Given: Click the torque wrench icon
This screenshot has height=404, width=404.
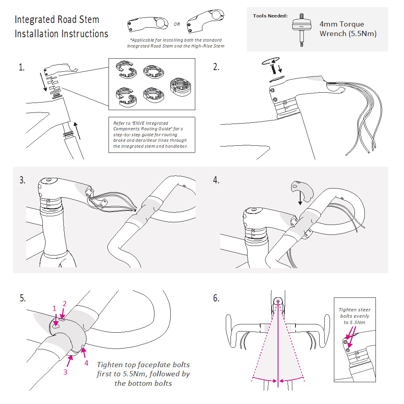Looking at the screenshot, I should [302, 29].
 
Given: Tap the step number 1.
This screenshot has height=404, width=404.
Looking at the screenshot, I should [21, 67].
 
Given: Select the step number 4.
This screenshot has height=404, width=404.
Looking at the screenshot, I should [216, 180].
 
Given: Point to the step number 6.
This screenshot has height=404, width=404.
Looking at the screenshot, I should [216, 298].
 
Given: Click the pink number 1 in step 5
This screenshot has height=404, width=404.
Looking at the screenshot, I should [55, 308].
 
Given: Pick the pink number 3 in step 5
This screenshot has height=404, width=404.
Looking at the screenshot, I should [65, 372].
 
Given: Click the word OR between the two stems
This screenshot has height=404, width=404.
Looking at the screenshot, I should [177, 25].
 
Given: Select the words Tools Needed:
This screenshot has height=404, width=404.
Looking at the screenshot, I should [270, 16].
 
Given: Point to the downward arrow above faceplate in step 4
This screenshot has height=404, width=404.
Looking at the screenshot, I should [300, 196].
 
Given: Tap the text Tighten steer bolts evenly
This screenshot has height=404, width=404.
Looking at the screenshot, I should [354, 313].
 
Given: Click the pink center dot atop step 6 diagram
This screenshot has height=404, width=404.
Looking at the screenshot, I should [278, 302].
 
